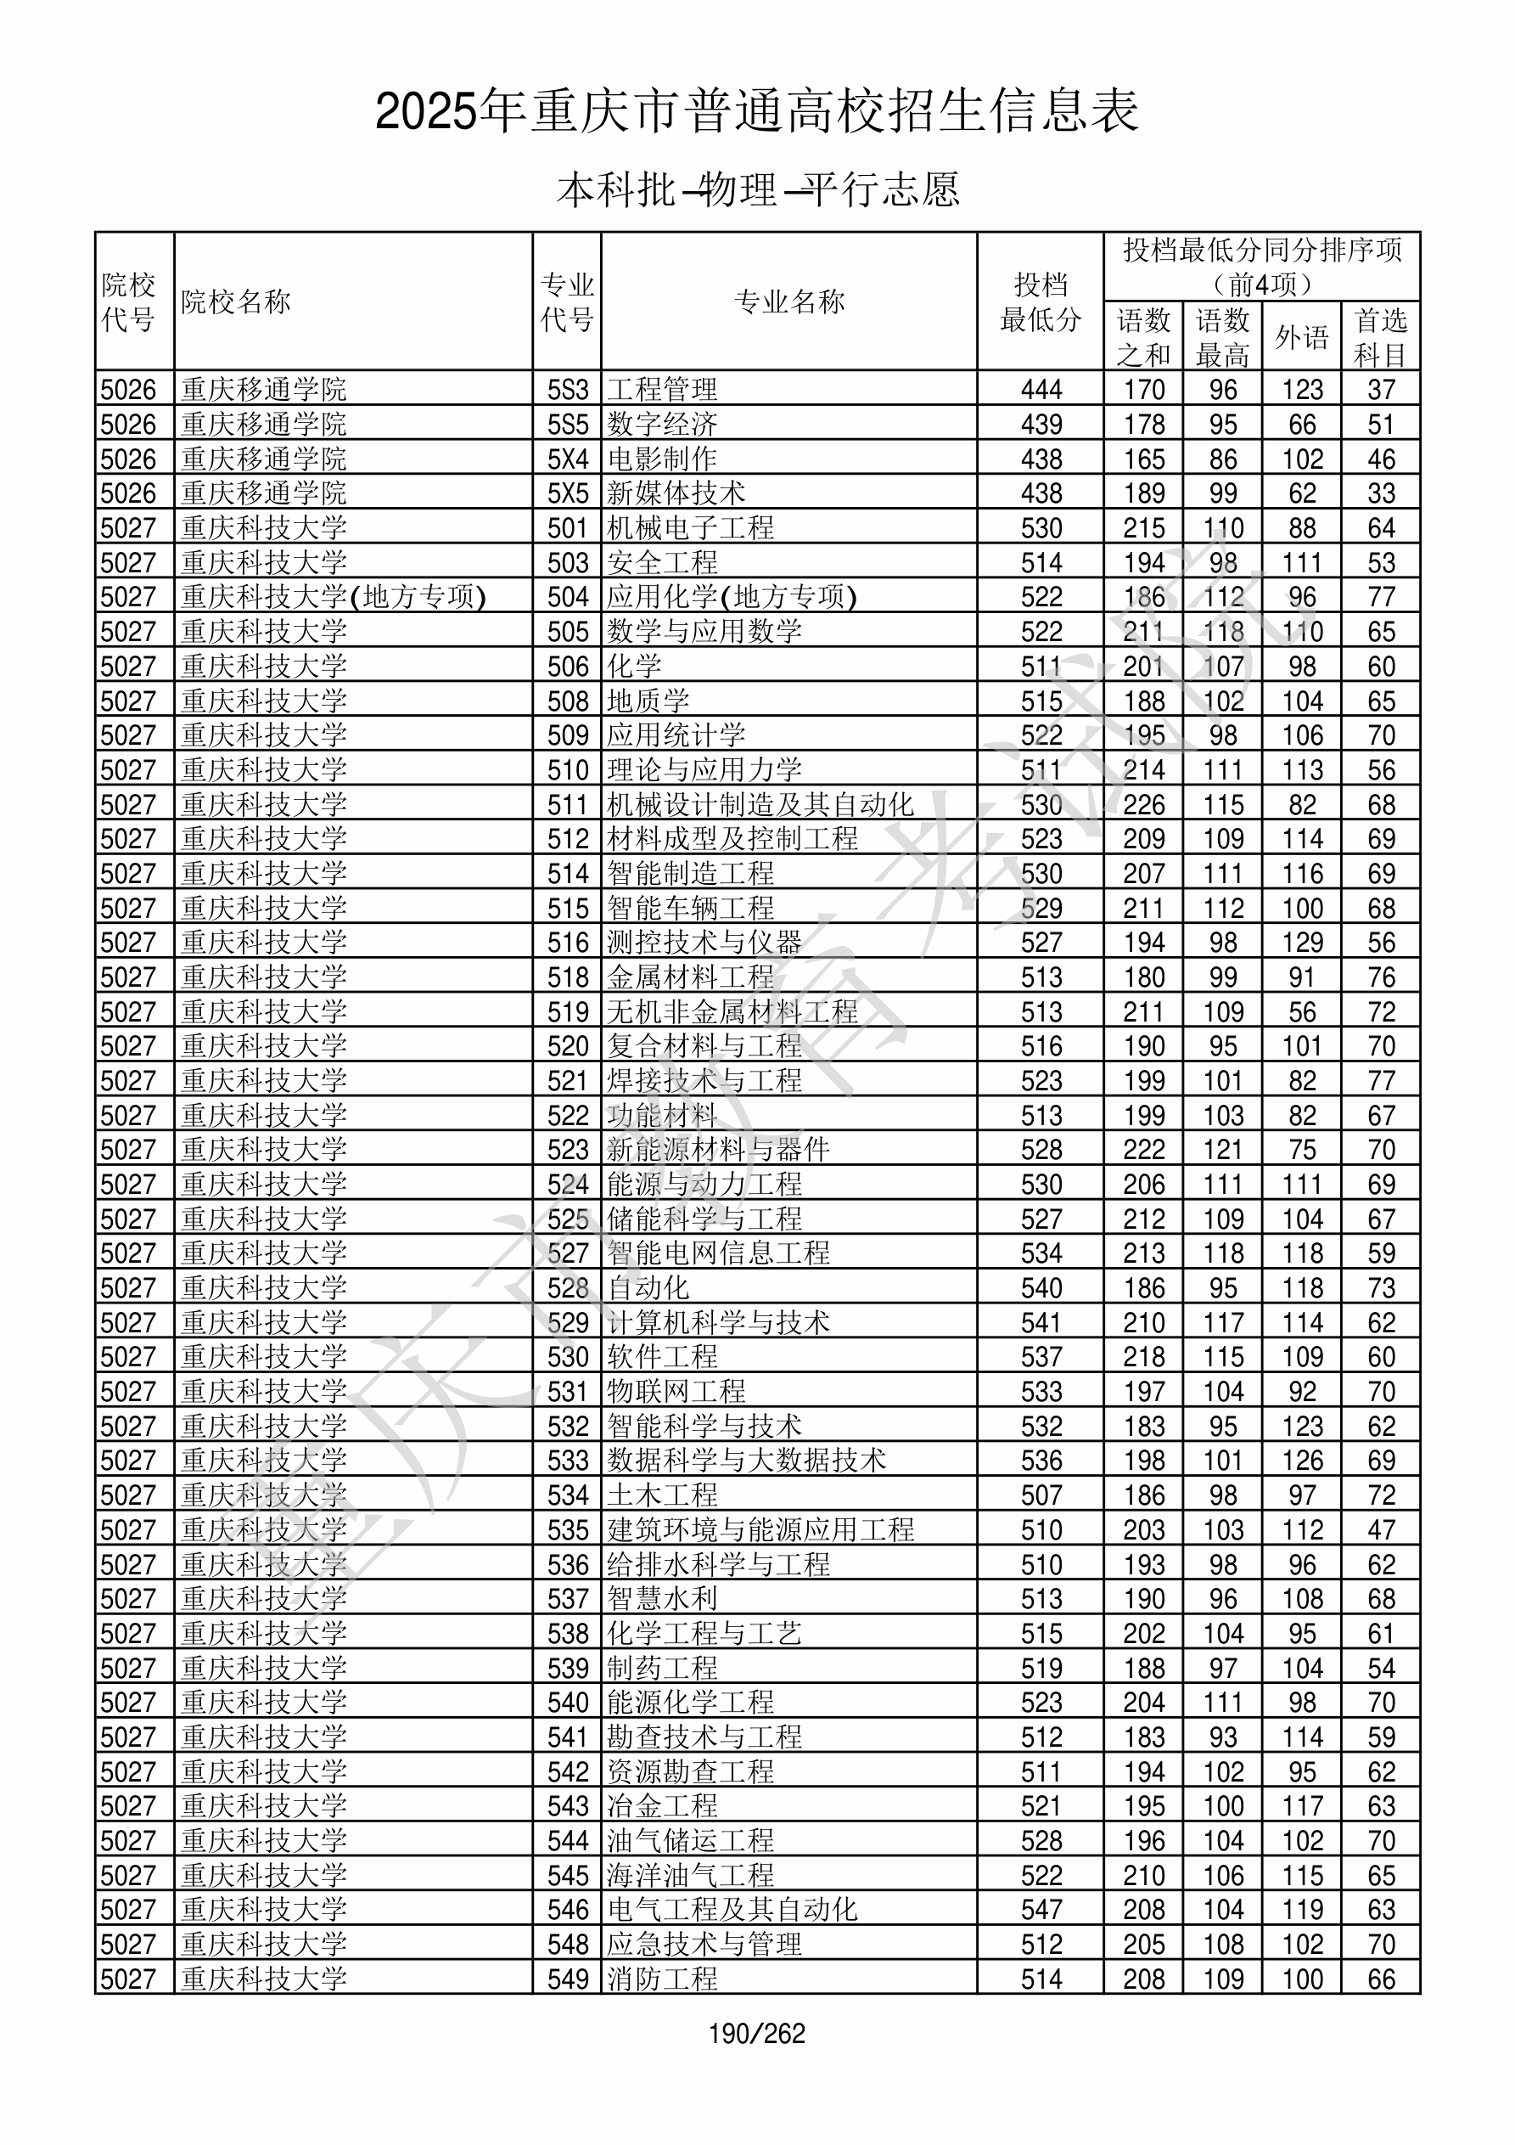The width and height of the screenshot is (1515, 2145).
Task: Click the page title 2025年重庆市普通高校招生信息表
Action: click(x=756, y=111)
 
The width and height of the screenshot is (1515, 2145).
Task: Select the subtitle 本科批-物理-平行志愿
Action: click(x=756, y=189)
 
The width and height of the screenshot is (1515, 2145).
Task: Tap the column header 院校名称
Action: click(x=236, y=301)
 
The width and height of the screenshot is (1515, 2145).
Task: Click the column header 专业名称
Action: click(x=789, y=301)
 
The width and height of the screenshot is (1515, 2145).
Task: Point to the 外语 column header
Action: click(x=1301, y=337)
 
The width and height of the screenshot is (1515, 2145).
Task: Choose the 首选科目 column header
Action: click(x=1381, y=337)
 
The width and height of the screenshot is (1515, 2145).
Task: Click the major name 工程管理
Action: click(x=662, y=390)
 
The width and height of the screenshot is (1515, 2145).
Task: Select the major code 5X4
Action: click(x=568, y=459)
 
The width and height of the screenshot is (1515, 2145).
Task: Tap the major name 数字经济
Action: click(x=662, y=424)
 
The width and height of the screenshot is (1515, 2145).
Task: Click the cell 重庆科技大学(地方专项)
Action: click(x=334, y=597)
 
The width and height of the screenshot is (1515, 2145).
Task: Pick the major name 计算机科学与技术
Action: click(x=718, y=1322)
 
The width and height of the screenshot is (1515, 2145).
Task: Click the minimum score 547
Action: click(x=1041, y=1910)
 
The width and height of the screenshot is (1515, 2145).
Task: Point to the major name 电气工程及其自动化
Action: click(x=732, y=1910)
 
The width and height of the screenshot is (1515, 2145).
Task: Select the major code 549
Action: click(x=568, y=1979)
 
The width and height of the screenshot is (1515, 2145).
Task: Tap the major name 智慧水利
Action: click(x=662, y=1598)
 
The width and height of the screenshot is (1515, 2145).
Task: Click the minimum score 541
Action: click(x=1041, y=1322)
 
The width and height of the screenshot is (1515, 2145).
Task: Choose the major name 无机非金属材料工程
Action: click(x=732, y=1011)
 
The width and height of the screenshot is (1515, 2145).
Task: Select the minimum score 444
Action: click(x=1041, y=390)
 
